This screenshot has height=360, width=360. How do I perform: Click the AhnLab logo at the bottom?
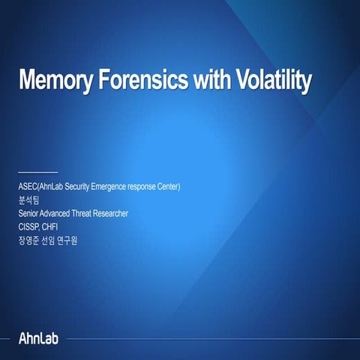37,337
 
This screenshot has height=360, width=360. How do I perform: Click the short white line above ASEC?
37,172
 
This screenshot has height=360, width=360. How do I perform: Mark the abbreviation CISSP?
29,227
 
